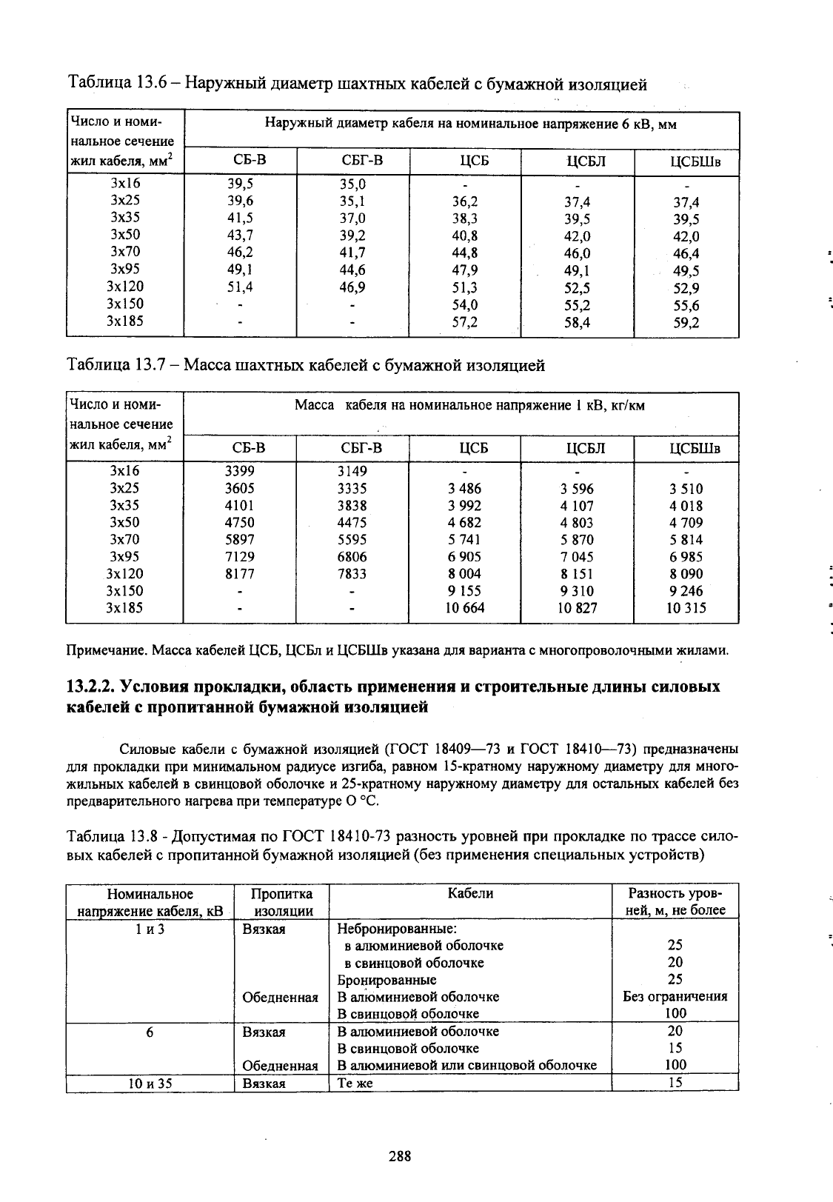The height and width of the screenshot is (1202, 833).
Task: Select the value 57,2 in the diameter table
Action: pyautogui.click(x=465, y=322)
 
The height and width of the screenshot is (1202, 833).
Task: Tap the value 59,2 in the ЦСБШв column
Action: pyautogui.click(x=686, y=323)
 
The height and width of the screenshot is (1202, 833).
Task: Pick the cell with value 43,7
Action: pyautogui.click(x=240, y=235)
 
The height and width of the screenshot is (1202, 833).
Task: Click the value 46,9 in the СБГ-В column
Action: pyautogui.click(x=352, y=287)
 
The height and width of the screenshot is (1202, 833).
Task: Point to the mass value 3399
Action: pyautogui.click(x=240, y=471)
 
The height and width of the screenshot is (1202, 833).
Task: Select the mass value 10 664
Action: pyautogui.click(x=464, y=608)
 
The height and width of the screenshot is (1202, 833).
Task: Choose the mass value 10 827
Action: pyautogui.click(x=577, y=608)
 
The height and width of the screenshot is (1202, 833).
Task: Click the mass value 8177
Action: pyautogui.click(x=240, y=574)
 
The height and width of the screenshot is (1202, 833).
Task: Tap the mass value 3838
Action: pyautogui.click(x=352, y=505)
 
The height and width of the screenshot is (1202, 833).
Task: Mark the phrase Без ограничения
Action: pyautogui.click(x=675, y=997)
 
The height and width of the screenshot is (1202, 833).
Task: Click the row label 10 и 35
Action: pyautogui.click(x=150, y=1083)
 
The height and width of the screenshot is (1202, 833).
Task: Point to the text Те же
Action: pyautogui.click(x=355, y=1083)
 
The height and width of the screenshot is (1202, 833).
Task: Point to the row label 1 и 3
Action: pyautogui.click(x=150, y=929)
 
